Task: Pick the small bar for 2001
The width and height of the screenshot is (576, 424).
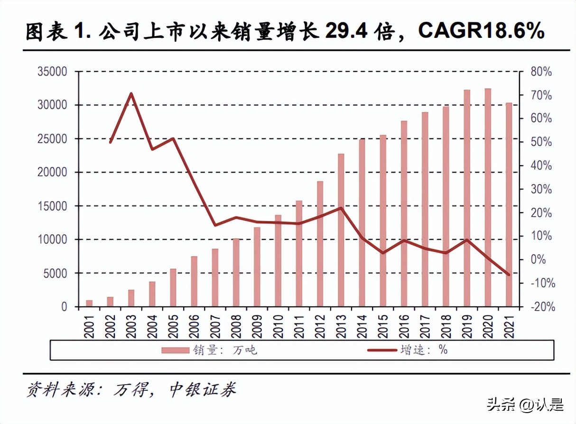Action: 89,303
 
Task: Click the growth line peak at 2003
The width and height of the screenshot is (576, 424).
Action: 131,93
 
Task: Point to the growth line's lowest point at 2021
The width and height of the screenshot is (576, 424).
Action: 509,275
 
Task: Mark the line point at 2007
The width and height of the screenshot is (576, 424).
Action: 215,225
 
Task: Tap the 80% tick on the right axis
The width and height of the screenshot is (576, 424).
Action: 541,72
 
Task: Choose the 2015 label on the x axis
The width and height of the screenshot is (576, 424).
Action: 382,326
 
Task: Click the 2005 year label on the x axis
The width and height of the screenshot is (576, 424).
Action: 173,326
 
